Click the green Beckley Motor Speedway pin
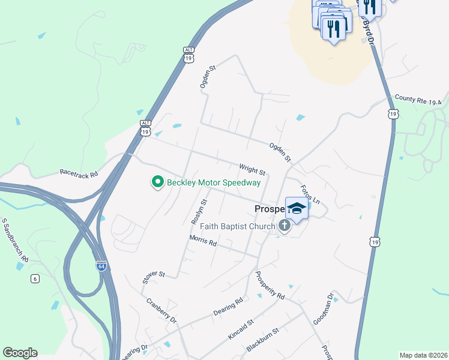(x=158, y=181)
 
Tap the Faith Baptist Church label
(x=234, y=226)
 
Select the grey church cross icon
(x=284, y=226)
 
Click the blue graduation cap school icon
(x=297, y=208)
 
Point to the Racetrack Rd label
(x=79, y=172)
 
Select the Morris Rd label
(x=203, y=241)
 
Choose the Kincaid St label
(x=241, y=330)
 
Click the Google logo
(x=20, y=353)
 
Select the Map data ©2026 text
(x=423, y=355)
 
